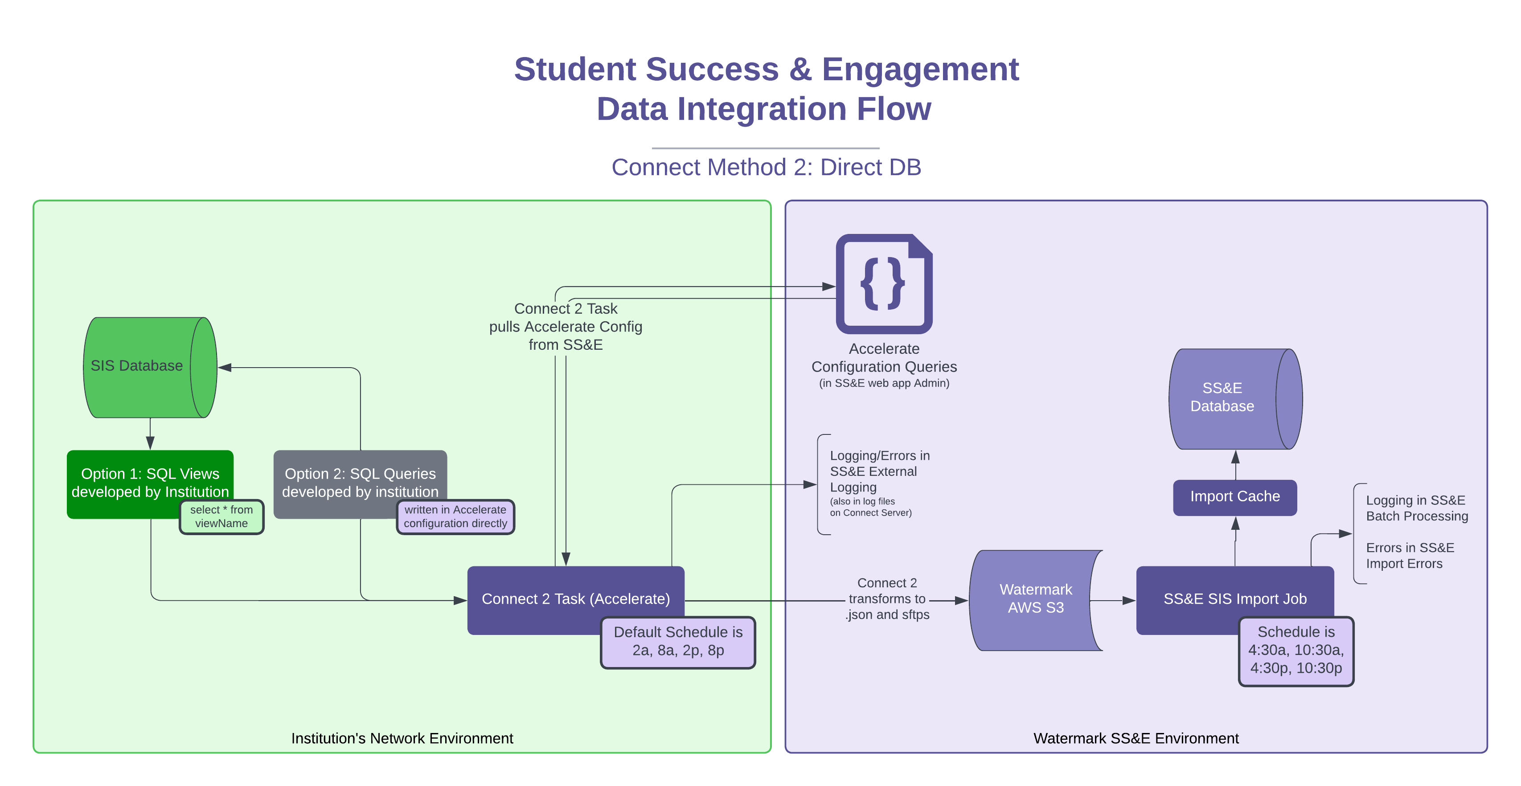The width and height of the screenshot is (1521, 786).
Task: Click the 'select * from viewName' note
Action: point(221,517)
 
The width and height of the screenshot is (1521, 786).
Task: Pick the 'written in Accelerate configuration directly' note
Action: point(455,517)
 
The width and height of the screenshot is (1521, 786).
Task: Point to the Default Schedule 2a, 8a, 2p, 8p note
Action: point(678,642)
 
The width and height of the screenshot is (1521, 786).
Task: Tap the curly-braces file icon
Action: point(883,284)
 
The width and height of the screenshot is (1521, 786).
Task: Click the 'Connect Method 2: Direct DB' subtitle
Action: point(766,168)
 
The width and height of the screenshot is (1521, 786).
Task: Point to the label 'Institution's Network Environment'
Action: point(402,738)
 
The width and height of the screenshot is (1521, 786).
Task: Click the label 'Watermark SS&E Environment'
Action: point(1136,738)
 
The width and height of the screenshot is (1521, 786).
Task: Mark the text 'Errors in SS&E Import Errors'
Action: point(1410,556)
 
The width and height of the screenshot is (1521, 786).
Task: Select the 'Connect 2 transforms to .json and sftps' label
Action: point(887,599)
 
